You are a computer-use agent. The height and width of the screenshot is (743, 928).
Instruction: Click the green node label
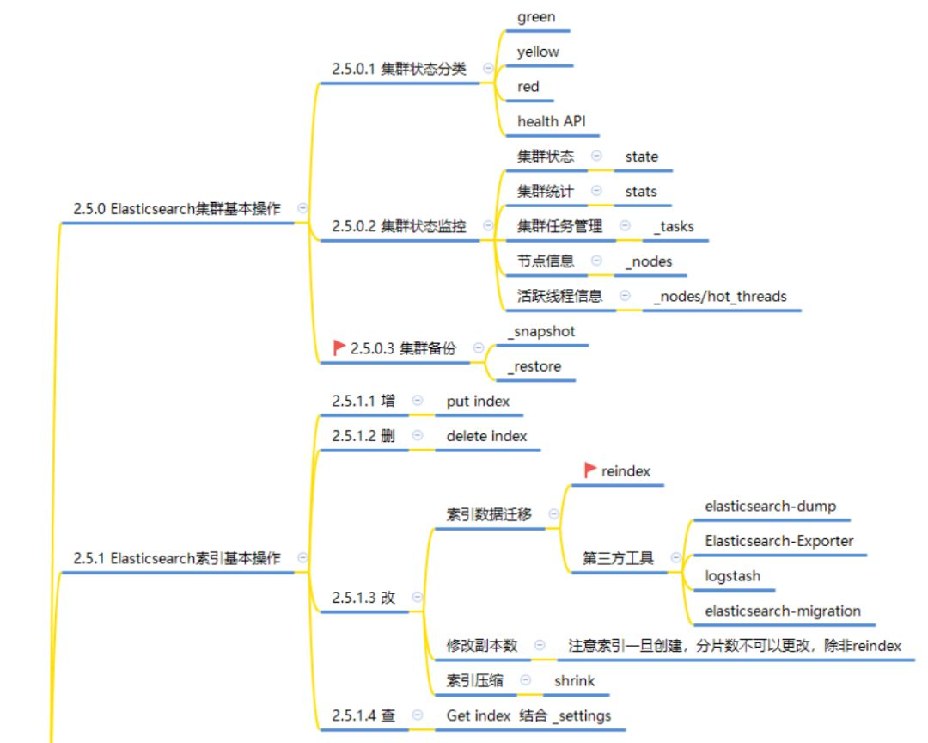pos(536,17)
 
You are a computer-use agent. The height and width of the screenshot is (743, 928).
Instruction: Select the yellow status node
pos(538,52)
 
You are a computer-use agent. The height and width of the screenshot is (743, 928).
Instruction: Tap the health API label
pos(551,121)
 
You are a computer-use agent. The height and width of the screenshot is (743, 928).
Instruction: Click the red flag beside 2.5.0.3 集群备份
pos(339,348)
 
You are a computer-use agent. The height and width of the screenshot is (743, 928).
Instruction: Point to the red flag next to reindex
pos(590,470)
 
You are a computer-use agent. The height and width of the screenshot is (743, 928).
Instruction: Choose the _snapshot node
pos(541,331)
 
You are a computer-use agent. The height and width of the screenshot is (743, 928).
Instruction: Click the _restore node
pos(534,366)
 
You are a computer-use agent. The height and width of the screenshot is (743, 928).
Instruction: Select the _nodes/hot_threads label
pos(720,297)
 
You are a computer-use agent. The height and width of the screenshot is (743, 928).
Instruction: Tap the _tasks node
pos(674,226)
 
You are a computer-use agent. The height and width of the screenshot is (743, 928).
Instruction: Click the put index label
pos(478,401)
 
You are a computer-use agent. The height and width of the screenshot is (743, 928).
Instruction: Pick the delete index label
pos(486,436)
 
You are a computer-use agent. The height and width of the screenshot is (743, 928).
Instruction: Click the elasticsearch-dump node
pos(770,506)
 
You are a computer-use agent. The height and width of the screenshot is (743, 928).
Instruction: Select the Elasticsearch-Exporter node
pos(779,541)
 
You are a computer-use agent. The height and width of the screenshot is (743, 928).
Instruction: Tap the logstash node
pos(732,576)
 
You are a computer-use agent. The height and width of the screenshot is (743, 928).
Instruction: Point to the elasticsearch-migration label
pos(783,611)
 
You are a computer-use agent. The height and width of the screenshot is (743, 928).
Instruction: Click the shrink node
pos(574,681)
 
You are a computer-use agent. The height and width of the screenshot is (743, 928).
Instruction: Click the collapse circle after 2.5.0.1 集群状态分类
pos(488,68)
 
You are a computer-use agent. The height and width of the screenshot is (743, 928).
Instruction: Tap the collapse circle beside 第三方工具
pos(675,557)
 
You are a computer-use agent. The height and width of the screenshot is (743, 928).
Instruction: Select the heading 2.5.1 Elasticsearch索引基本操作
pos(178,558)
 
